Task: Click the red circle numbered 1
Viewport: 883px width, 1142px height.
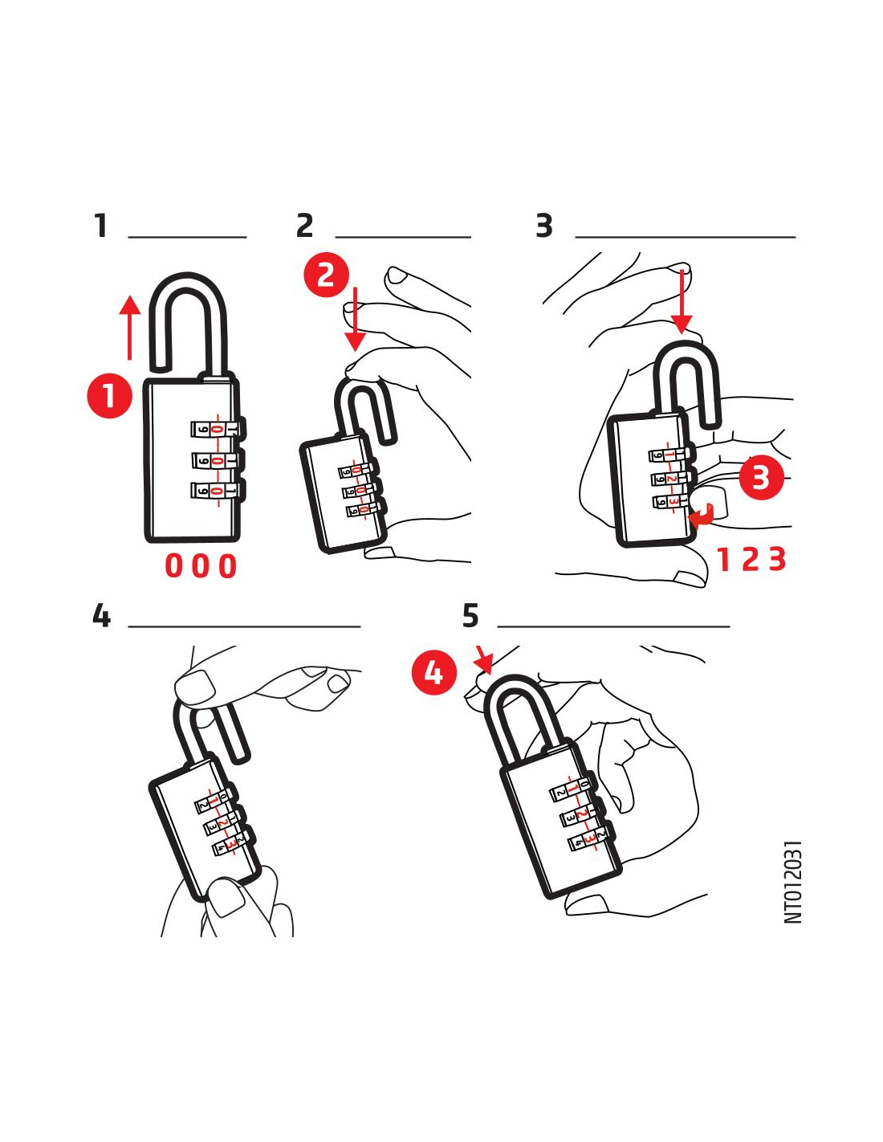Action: (109, 395)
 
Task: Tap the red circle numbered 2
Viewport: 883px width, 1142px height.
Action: (326, 275)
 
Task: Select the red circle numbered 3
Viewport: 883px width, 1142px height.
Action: (761, 477)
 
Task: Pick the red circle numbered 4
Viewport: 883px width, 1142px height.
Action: (433, 672)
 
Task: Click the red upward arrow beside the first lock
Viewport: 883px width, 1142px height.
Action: (130, 328)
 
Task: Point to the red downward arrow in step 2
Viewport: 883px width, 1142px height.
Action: (356, 319)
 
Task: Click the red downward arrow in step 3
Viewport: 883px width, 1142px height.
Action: (682, 300)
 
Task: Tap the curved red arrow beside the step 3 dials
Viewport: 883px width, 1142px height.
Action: (702, 516)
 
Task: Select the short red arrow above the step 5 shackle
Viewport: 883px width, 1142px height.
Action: (483, 659)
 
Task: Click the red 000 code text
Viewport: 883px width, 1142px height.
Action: (201, 566)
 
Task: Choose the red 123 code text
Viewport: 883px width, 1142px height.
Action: (751, 559)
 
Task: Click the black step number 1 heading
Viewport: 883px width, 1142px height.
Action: (101, 226)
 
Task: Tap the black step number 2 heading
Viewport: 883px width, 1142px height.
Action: (305, 226)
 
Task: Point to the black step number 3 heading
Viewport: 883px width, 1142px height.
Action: (544, 226)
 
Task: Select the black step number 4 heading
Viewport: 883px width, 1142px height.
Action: (101, 615)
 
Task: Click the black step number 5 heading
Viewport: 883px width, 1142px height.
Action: (470, 615)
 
